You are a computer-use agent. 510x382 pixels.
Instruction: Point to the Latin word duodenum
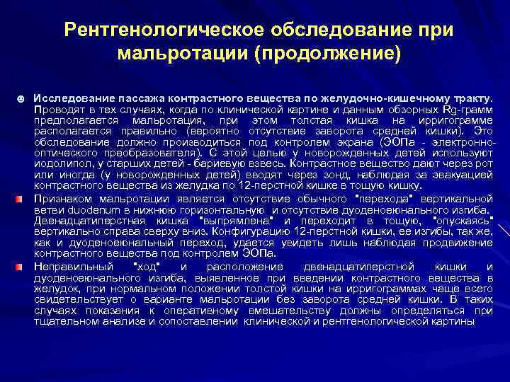tap(98, 209)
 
